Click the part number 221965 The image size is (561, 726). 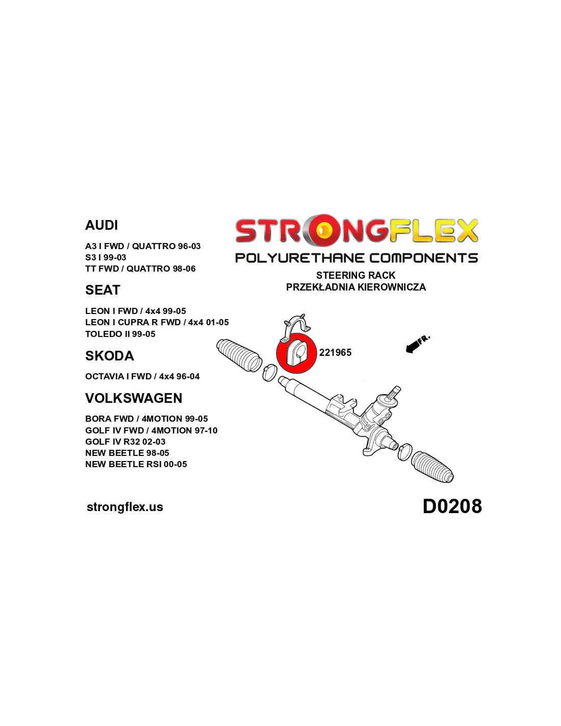pyautogui.click(x=335, y=352)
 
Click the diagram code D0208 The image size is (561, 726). pyautogui.click(x=452, y=506)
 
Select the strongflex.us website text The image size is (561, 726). pyautogui.click(x=125, y=507)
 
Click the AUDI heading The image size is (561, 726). pyautogui.click(x=101, y=225)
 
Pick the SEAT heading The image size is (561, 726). pyautogui.click(x=103, y=289)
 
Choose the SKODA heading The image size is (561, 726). pyautogui.click(x=110, y=355)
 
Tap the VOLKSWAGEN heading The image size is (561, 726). pyautogui.click(x=134, y=398)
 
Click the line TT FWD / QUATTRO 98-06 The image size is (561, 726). pyautogui.click(x=140, y=269)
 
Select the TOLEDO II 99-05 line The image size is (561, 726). pyautogui.click(x=120, y=334)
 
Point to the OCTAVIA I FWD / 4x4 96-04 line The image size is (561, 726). pyautogui.click(x=142, y=376)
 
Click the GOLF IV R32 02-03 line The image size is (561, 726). pyautogui.click(x=125, y=441)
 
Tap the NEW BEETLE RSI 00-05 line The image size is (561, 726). pyautogui.click(x=136, y=464)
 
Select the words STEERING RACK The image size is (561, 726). pyautogui.click(x=355, y=275)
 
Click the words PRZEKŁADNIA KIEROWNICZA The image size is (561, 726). pyautogui.click(x=356, y=287)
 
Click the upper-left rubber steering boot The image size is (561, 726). pyautogui.click(x=239, y=355)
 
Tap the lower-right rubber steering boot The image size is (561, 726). pyautogui.click(x=432, y=467)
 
